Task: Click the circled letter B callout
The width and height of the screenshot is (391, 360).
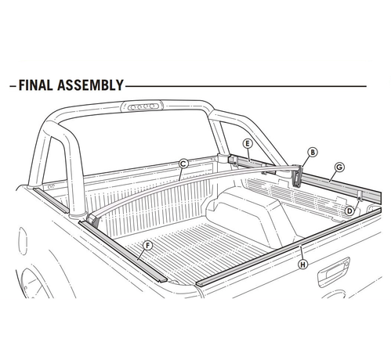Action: click(x=313, y=152)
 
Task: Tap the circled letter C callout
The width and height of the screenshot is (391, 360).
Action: click(x=183, y=164)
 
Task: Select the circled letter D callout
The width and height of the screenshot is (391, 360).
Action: click(x=349, y=211)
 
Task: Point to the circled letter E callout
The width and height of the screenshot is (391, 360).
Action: click(x=247, y=143)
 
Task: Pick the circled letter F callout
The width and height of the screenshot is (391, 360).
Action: click(x=148, y=246)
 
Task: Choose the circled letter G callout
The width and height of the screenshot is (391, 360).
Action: click(x=339, y=167)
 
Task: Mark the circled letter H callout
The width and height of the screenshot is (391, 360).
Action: click(x=303, y=265)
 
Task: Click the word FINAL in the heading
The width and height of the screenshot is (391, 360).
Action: click(x=36, y=85)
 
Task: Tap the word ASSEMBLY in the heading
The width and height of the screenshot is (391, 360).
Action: click(x=90, y=85)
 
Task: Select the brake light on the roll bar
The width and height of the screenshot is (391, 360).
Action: click(x=142, y=106)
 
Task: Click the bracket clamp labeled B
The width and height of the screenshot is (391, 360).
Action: click(x=297, y=175)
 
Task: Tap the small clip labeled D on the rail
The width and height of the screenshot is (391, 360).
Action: click(x=360, y=196)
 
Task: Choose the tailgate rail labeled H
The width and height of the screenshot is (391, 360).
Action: click(x=288, y=247)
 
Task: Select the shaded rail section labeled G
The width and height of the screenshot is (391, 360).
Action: click(x=342, y=185)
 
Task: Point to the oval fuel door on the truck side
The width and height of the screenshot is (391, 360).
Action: click(x=23, y=240)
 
